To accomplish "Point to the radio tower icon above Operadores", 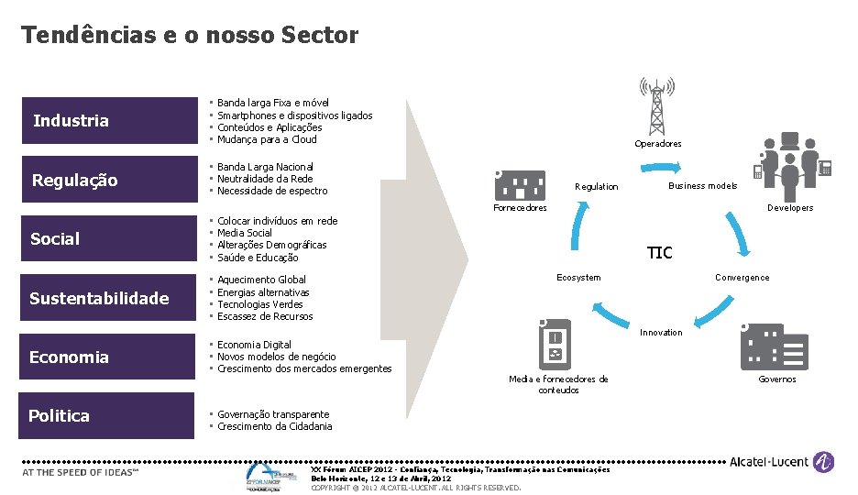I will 657,105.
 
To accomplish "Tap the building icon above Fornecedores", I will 519,184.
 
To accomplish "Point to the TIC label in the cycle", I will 659,253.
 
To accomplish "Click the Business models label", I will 702,186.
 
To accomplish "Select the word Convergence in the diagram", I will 742,278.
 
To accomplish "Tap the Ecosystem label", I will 578,278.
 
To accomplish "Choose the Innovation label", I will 660,332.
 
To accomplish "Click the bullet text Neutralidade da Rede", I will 264,179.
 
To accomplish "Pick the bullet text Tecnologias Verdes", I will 259,304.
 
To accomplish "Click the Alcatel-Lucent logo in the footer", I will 781,463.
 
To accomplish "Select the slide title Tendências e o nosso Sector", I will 190,36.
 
